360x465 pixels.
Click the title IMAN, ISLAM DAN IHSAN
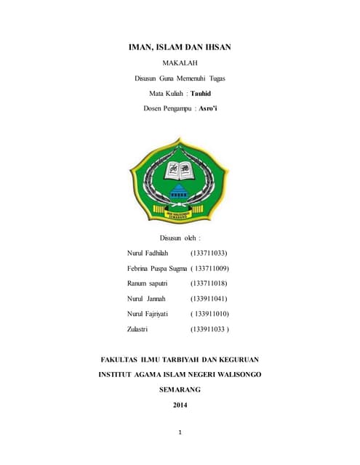[x=180, y=47]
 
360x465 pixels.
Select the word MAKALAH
[x=180, y=63]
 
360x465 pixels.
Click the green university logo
[x=180, y=178]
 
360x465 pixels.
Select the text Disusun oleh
[x=180, y=238]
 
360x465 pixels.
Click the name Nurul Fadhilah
[x=148, y=254]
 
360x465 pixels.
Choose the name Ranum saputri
[x=148, y=283]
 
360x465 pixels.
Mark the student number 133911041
[x=209, y=299]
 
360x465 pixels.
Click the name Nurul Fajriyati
[x=148, y=314]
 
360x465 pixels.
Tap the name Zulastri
[x=137, y=329]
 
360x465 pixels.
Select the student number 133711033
[x=209, y=254]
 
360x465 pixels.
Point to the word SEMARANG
[x=180, y=389]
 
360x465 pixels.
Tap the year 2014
[x=180, y=405]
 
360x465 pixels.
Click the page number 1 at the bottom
[x=180, y=433]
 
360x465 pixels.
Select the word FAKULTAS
[x=121, y=359]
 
